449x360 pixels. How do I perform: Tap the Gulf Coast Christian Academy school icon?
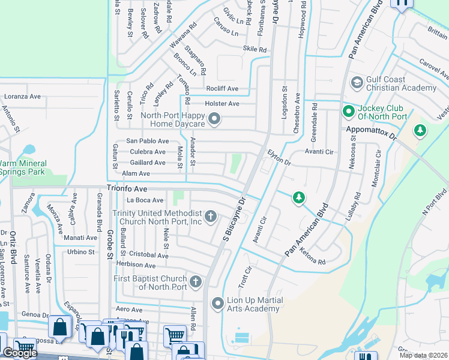coord(357,82)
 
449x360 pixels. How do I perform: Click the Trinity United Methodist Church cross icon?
coord(210,215)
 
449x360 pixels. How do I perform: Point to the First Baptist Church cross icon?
coord(196,281)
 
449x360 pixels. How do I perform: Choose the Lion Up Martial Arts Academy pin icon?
coord(218,304)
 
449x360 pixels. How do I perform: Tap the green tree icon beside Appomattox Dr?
coord(420,130)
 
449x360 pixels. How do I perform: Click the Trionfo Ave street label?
coord(127,188)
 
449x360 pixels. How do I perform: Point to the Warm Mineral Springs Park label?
coord(23,167)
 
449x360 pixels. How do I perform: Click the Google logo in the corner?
coord(20,353)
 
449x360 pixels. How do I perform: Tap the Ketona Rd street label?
coord(312,257)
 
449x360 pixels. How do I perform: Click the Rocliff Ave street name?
coord(222,89)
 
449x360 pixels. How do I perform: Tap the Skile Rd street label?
coord(255,49)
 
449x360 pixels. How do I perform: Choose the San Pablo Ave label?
coord(147,140)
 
